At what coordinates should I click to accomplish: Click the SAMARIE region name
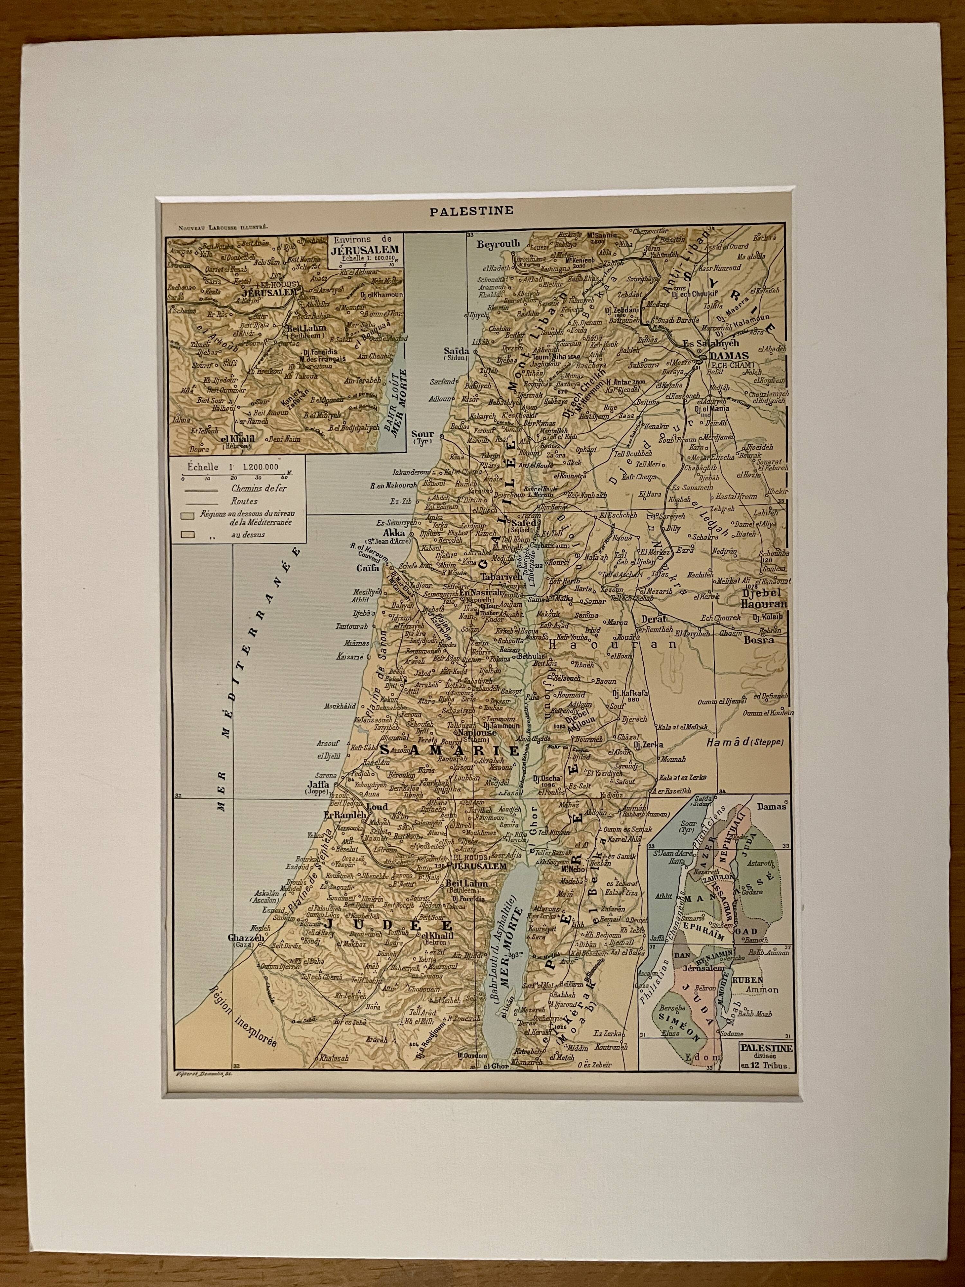448,751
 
